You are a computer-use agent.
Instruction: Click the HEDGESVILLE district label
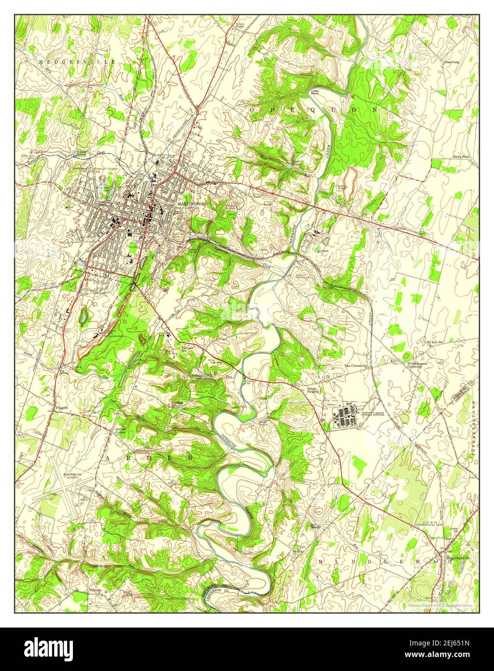coord(78,62)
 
